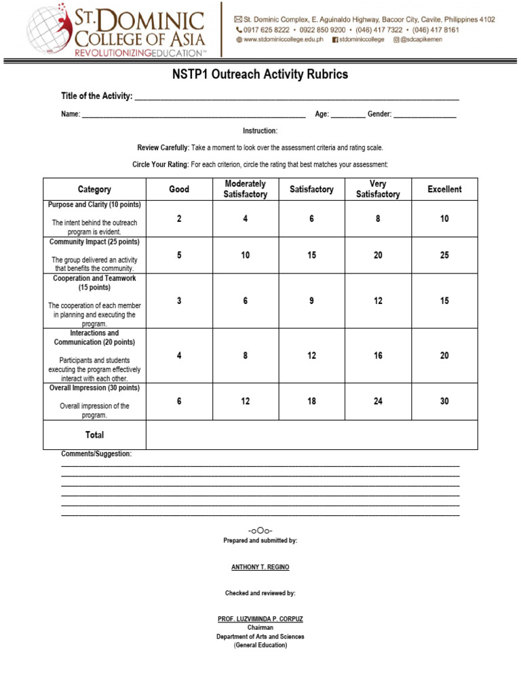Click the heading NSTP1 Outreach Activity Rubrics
(260, 75)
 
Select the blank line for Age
(347, 115)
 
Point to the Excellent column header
(444, 189)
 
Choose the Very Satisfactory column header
(378, 189)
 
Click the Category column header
(94, 189)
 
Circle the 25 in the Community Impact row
(444, 255)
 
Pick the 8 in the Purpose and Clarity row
(378, 219)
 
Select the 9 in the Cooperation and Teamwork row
(311, 301)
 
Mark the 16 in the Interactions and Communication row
(378, 356)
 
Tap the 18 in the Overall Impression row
(311, 401)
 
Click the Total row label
(94, 434)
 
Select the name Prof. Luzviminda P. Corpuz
(260, 619)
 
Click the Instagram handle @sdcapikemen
(427, 40)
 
